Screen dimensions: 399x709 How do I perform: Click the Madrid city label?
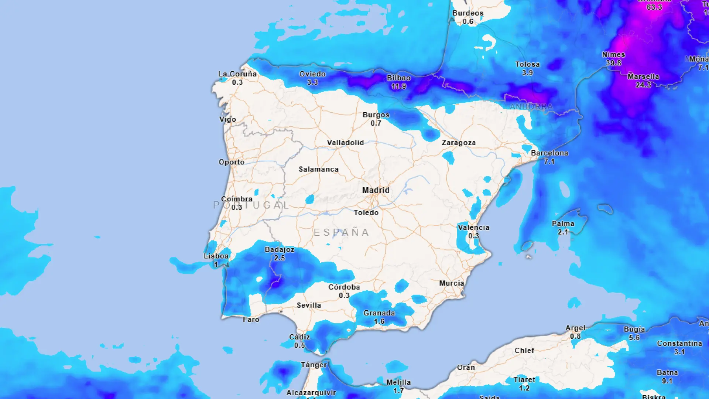376,190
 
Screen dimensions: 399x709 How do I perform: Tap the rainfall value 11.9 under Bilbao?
398,86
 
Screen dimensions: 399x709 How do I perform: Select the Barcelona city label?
549,153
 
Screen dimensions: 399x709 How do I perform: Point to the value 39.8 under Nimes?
613,63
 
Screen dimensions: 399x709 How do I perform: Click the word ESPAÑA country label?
341,232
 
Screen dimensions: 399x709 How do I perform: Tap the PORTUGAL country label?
251,205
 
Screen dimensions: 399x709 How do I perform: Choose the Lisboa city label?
216,256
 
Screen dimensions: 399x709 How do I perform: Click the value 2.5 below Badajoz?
280,258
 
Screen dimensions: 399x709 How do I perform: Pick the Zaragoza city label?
459,143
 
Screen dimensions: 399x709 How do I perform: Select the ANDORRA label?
531,107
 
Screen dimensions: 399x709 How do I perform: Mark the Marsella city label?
643,76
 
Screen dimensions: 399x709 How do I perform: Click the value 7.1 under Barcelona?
549,161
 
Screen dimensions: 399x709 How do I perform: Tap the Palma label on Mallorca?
563,224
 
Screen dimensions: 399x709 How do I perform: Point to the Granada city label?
379,313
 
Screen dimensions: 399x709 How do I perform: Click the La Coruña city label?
237,74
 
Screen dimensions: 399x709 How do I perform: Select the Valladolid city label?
345,143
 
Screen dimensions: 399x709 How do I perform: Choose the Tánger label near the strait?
314,365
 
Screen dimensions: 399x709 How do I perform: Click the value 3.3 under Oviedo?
312,82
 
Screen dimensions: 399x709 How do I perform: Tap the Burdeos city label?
467,13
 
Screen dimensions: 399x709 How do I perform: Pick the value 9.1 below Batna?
667,381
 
